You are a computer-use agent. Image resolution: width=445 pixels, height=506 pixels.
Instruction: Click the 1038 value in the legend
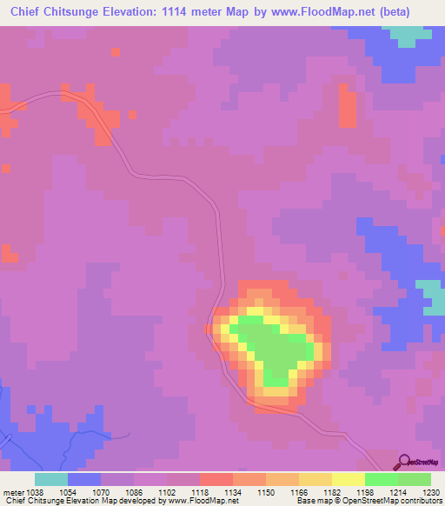35,491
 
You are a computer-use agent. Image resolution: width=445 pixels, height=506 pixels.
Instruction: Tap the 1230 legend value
430,491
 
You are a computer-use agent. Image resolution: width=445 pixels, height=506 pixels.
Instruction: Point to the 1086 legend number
133,491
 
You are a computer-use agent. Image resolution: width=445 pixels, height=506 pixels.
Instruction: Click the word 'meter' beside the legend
12,491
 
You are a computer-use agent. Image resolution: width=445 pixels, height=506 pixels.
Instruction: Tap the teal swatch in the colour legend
50,479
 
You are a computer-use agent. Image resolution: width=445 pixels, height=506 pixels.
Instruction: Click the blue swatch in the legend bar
83,479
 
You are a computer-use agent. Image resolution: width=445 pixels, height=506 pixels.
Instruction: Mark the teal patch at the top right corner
403,35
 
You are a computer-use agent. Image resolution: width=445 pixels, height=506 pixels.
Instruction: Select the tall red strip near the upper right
347,106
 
